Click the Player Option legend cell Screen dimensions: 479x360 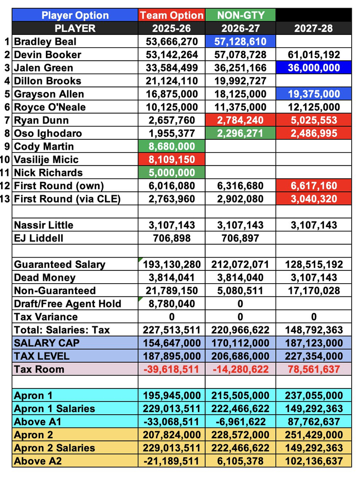[x=75, y=15]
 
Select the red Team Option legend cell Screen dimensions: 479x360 [x=171, y=15]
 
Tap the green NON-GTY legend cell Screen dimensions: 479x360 [x=240, y=15]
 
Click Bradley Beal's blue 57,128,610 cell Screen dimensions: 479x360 [x=240, y=41]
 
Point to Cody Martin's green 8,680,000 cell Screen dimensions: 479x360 [x=171, y=146]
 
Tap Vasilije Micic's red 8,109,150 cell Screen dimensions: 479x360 [x=171, y=159]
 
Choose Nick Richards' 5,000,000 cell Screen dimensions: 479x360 [x=171, y=173]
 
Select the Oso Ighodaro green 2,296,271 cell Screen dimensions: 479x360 [x=240, y=133]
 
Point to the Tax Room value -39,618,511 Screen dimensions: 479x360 [x=171, y=369]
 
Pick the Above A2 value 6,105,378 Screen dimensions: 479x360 [x=240, y=460]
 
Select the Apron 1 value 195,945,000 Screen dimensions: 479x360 [x=171, y=396]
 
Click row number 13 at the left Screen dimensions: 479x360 [x=6, y=199]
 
